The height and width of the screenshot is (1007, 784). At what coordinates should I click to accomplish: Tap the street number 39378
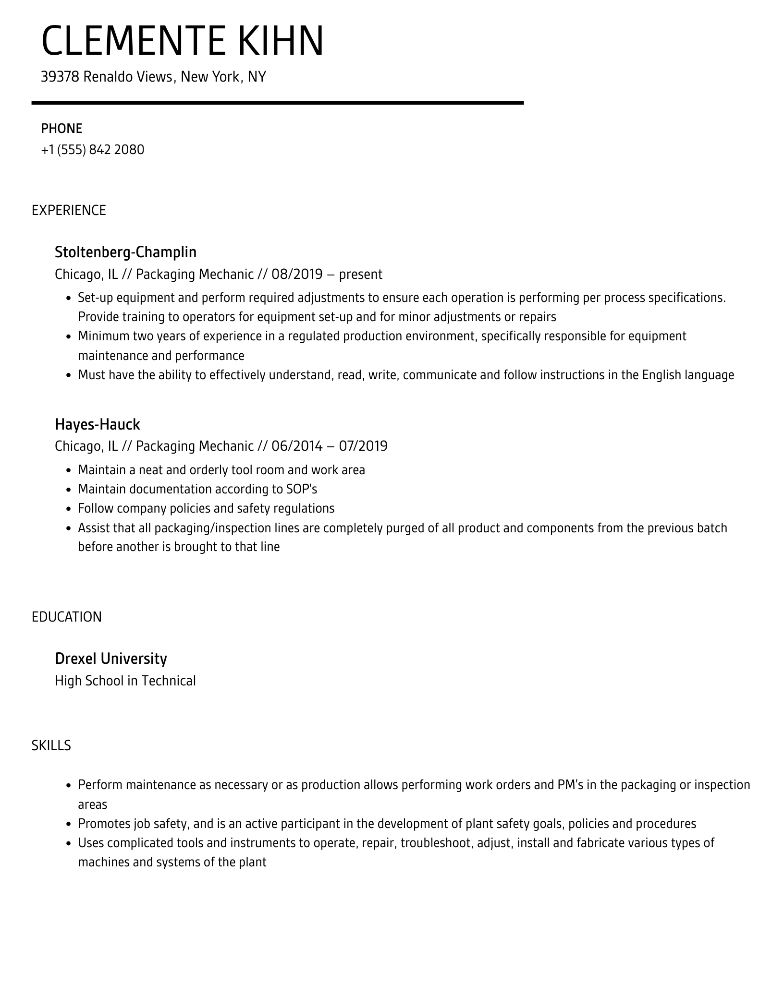60,77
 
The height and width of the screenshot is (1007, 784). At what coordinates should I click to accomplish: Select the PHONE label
61,129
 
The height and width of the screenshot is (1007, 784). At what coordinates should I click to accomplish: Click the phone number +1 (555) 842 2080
93,150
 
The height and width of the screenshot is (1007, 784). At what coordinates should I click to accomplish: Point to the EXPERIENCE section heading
69,210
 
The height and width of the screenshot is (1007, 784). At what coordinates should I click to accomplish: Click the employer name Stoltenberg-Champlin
125,252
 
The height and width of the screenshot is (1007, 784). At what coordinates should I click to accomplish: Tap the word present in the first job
360,275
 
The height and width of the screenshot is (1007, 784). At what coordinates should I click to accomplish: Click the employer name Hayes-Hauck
97,424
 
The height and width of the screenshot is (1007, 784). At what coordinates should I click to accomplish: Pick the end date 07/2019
363,446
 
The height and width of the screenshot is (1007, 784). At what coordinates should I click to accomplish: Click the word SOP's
302,489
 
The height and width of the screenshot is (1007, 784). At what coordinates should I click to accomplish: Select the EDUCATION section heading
67,617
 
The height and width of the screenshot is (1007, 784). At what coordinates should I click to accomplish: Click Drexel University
111,659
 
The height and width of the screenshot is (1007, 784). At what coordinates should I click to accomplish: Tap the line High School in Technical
125,681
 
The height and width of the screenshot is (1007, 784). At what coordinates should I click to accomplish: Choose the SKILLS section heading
51,745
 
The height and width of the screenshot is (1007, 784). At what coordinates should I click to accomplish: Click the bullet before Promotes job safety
68,824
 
